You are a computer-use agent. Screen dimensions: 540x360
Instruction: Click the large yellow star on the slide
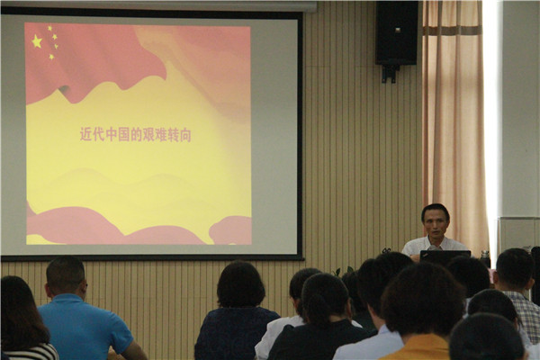coord(37,41)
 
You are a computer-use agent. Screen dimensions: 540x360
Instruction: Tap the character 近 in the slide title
coord(86,134)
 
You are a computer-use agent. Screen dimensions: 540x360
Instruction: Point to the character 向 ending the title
coord(184,135)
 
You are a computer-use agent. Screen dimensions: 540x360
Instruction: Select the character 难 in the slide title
coord(160,135)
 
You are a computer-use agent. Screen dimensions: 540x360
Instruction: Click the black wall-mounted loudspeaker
coord(396,32)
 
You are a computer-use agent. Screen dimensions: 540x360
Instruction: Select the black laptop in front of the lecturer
coord(445,257)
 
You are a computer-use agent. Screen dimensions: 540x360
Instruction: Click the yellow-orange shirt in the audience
coord(418,348)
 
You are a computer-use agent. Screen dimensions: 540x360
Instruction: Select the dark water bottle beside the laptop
coord(485,258)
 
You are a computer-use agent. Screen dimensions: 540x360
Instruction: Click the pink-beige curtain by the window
coord(454,121)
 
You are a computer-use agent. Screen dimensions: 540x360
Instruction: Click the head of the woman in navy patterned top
coord(240,283)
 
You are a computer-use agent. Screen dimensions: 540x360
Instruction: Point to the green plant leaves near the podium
coord(345,271)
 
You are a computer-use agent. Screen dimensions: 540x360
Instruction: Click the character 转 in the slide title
coord(173,135)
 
